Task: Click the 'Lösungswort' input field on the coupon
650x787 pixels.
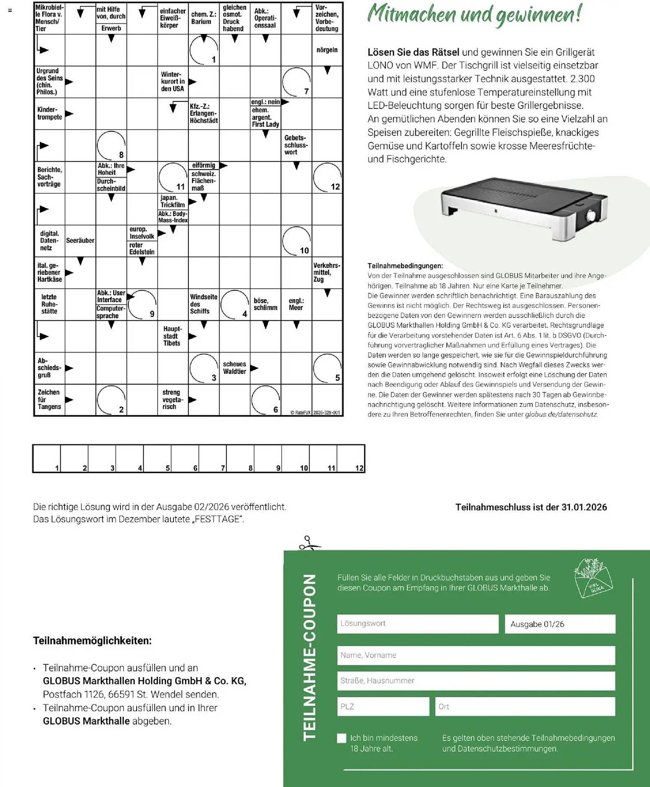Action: [x=417, y=624]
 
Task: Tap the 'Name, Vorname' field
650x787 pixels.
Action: [x=476, y=655]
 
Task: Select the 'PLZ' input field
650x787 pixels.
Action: [x=383, y=706]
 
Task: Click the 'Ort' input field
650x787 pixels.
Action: [x=524, y=706]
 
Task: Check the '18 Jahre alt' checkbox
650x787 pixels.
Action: [x=342, y=738]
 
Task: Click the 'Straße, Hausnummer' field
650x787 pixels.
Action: [x=476, y=681]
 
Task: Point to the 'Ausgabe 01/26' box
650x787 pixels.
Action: [x=559, y=624]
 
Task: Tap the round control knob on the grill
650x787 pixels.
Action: [x=591, y=216]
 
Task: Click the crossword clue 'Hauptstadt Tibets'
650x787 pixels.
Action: [x=172, y=336]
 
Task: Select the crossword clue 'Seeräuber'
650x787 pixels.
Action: [x=80, y=240]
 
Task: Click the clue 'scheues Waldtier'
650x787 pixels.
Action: [x=235, y=368]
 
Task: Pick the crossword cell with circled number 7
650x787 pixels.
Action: [x=296, y=82]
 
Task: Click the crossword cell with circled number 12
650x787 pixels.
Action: [x=327, y=177]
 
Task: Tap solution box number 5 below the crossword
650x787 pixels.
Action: [x=157, y=458]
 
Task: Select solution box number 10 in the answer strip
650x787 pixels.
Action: [x=296, y=458]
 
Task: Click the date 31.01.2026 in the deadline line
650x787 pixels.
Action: [x=584, y=507]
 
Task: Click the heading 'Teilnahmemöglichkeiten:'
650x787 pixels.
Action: [x=92, y=641]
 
